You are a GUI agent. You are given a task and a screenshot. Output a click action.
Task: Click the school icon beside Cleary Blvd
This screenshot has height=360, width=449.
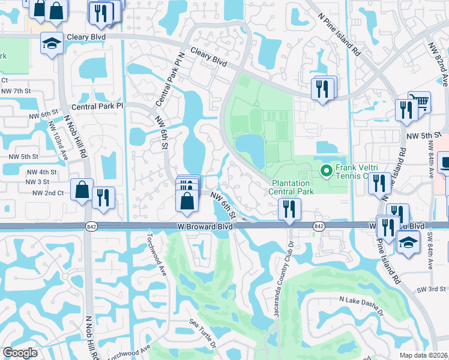tap(52, 43)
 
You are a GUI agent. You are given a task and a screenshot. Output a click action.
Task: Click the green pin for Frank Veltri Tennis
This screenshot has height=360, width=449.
tap(327, 172)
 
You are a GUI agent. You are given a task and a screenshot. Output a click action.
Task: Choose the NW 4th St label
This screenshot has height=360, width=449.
tap(41, 172)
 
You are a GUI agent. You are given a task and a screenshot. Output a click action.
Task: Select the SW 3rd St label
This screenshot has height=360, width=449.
tap(432, 290)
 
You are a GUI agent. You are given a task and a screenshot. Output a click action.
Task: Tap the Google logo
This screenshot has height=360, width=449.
tap(20, 352)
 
